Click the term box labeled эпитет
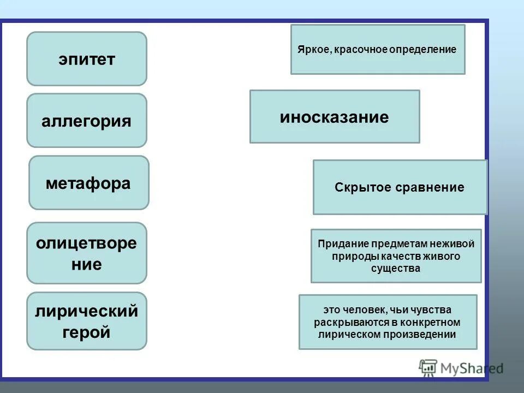coord(87,59)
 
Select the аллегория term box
coord(87,121)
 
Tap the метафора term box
coord(88,183)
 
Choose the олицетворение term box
coord(87,253)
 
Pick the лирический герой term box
coord(87,321)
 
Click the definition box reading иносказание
coord(335,117)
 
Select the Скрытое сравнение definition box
coord(400,187)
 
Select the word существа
coord(396,269)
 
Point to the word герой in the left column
coord(87,331)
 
